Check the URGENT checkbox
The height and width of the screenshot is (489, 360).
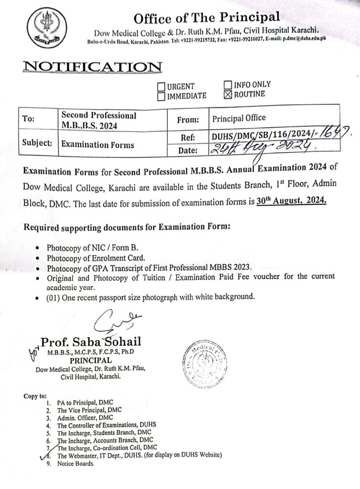coord(161,87)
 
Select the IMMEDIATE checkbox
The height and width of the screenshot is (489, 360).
coord(161,96)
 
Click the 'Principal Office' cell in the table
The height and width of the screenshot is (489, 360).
coord(239,117)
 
